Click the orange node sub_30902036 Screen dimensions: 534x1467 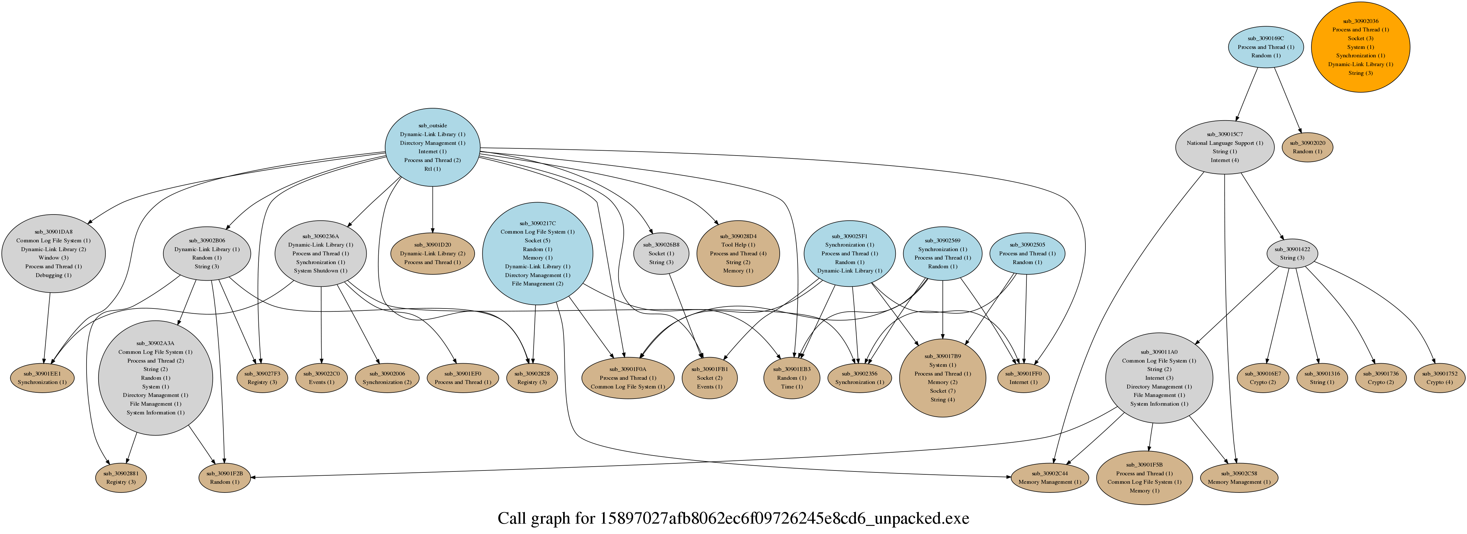(1360, 47)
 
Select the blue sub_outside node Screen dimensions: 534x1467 (432, 147)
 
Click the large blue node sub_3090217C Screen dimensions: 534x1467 (537, 253)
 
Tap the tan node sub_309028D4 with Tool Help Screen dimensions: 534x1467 (738, 253)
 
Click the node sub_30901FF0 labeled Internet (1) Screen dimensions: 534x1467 (1023, 378)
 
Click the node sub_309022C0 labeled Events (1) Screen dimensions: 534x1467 (321, 378)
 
